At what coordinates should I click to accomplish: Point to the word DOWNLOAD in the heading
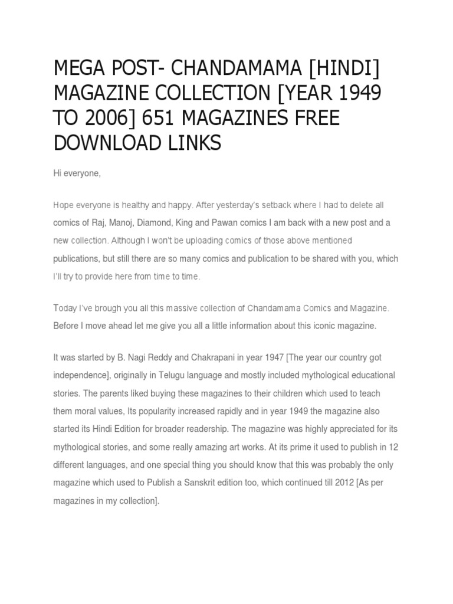click(104, 142)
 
